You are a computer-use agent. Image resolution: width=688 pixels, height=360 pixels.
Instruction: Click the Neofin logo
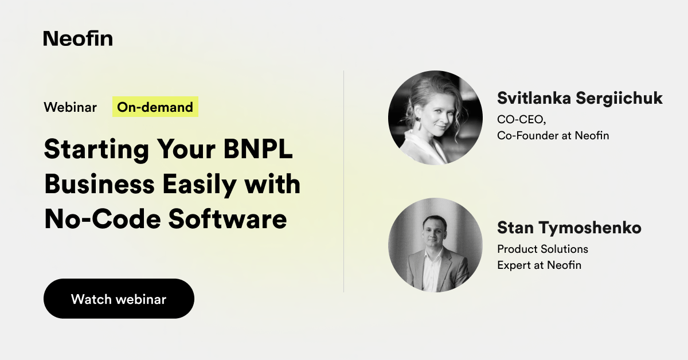(x=78, y=38)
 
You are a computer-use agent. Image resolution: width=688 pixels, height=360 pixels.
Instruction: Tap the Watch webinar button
(x=119, y=299)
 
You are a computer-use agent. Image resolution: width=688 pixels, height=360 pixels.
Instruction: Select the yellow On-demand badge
(x=155, y=107)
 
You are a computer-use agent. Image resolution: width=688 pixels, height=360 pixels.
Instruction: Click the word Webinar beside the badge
(x=70, y=107)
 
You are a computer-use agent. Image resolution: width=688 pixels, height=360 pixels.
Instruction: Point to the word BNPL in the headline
(x=257, y=149)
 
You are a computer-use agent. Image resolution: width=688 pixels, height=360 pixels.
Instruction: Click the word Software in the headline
(x=228, y=219)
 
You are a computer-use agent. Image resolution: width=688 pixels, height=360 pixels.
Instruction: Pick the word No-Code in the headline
(x=103, y=219)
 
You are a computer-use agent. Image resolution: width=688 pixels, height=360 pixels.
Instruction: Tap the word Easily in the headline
(x=200, y=185)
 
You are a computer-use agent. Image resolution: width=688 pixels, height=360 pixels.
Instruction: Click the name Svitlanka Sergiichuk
(x=580, y=98)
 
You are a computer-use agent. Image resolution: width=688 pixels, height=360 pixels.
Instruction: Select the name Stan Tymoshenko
(x=569, y=228)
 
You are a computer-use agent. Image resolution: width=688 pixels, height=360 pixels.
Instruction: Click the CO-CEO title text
(x=522, y=119)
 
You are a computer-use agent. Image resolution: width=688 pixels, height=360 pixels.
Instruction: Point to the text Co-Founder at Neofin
(x=553, y=135)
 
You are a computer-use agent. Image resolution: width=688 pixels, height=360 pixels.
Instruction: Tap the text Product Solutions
(x=543, y=249)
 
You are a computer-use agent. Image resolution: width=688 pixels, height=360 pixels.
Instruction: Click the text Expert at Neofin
(x=540, y=265)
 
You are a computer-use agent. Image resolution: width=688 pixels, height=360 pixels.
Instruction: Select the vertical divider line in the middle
(x=343, y=181)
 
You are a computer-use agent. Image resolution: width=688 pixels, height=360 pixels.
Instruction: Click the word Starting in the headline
(x=96, y=150)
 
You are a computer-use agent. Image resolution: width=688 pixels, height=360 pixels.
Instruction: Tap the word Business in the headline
(x=100, y=184)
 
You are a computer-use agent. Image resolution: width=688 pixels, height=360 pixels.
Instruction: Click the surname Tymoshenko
(x=591, y=228)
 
